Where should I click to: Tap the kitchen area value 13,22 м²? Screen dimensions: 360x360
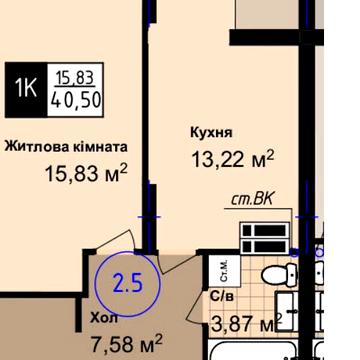[232, 158]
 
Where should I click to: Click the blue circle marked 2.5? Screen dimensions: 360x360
[128, 282]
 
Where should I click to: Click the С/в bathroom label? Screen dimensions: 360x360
[222, 297]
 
